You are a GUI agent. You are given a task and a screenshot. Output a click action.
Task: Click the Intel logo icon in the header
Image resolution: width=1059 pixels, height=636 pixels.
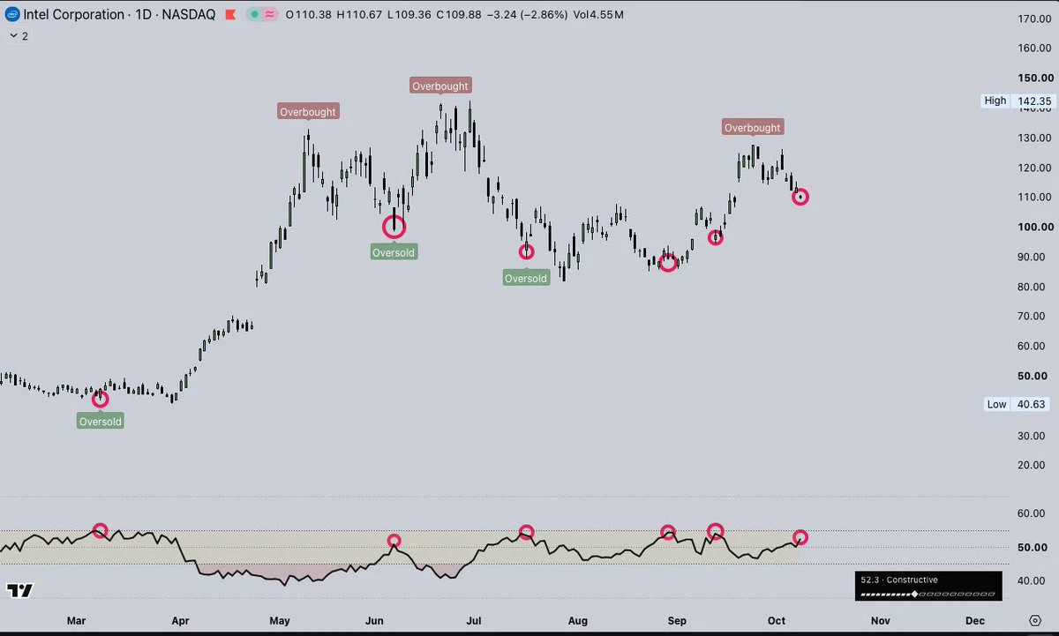click(12, 14)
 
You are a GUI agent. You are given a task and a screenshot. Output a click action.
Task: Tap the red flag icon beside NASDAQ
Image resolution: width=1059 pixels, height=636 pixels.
click(230, 15)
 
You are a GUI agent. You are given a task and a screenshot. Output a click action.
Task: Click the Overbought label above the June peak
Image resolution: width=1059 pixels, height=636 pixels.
click(440, 86)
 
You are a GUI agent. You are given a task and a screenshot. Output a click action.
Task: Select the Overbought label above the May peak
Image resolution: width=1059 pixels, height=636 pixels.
click(308, 111)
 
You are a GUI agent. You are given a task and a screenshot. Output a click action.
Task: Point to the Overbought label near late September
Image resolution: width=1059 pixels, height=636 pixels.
click(753, 127)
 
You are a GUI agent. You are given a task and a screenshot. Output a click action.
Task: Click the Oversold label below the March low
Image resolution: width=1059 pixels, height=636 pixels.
click(101, 421)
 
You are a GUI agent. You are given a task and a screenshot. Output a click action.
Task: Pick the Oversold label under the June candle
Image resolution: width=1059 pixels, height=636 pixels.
click(394, 252)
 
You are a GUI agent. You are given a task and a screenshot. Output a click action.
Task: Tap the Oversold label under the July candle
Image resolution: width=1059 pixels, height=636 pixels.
click(526, 278)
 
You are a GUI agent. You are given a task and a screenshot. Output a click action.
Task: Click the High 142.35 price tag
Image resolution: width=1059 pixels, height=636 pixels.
click(1018, 101)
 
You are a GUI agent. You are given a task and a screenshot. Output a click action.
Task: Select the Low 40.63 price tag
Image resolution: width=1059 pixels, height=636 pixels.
click(1017, 404)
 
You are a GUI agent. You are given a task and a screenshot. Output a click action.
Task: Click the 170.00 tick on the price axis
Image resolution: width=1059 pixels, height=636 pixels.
click(1034, 19)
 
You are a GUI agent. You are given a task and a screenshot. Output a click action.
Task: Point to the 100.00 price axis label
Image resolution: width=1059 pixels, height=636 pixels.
click(1035, 227)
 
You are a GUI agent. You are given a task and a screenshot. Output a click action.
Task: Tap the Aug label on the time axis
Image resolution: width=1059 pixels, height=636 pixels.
click(578, 620)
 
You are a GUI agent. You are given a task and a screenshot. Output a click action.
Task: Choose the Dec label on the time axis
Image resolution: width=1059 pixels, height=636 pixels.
click(975, 620)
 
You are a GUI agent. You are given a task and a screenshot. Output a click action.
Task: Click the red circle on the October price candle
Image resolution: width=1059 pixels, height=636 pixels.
click(800, 197)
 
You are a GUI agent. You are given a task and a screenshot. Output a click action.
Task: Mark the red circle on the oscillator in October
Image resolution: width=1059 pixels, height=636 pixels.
click(800, 537)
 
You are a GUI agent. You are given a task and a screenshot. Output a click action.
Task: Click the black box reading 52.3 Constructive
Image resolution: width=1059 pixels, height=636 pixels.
click(928, 586)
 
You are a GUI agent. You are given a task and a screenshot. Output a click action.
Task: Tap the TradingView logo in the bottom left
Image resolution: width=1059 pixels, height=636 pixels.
click(19, 590)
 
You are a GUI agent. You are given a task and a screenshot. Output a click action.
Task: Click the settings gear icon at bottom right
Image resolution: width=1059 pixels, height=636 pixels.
click(1035, 620)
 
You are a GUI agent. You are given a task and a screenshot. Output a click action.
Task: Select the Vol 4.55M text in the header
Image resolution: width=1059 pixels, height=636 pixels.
click(598, 15)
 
